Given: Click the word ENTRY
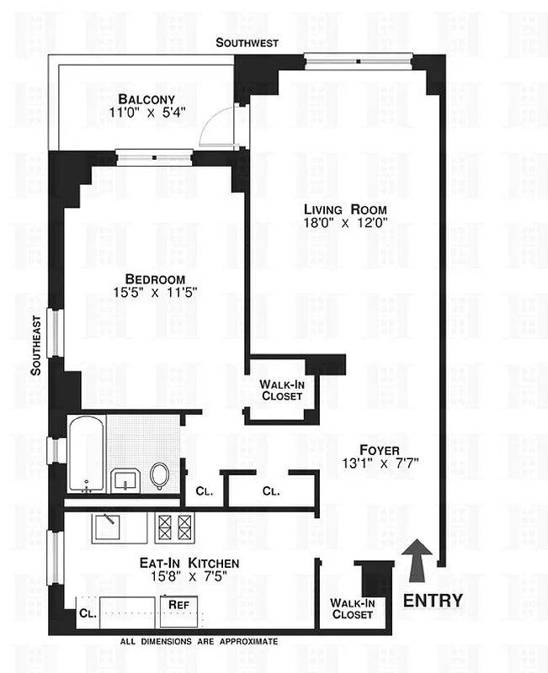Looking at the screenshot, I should coord(433,600).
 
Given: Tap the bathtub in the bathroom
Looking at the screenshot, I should coord(87,455).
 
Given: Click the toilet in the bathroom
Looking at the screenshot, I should coord(159,475).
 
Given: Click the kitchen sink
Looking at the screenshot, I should coord(108,527).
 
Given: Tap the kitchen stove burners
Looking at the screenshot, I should coord(175,527).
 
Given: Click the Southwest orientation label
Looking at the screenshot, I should coord(247,42).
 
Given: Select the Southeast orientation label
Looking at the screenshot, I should coord(36,351).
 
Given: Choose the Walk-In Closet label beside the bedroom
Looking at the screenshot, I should coord(281,389).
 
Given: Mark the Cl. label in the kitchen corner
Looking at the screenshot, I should coord(88,614).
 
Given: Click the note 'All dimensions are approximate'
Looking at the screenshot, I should coord(199,642).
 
